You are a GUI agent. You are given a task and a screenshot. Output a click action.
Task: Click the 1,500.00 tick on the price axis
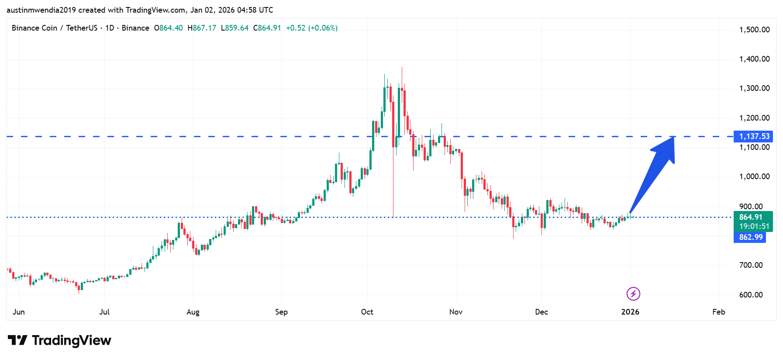pyautogui.click(x=754, y=30)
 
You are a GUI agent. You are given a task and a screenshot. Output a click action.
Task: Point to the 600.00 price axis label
pyautogui.click(x=751, y=295)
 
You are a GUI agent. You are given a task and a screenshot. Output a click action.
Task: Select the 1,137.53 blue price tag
pyautogui.click(x=754, y=136)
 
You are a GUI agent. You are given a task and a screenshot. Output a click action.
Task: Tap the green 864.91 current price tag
pyautogui.click(x=751, y=217)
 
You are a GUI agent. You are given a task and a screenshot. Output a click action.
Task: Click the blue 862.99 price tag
pyautogui.click(x=751, y=237)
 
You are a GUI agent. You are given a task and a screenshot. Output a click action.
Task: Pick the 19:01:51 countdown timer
pyautogui.click(x=754, y=226)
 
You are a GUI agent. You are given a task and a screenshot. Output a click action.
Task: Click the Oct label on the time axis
pyautogui.click(x=367, y=312)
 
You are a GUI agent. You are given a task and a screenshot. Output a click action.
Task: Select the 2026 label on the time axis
pyautogui.click(x=630, y=312)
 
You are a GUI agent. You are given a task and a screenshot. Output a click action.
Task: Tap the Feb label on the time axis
pyautogui.click(x=718, y=312)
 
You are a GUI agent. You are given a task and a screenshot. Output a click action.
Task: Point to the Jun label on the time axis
pyautogui.click(x=19, y=312)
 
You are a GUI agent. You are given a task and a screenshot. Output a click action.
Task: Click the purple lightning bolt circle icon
pyautogui.click(x=633, y=294)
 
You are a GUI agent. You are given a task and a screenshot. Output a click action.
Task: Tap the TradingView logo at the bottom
pyautogui.click(x=59, y=340)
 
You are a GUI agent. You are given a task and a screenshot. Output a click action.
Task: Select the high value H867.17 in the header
pyautogui.click(x=202, y=28)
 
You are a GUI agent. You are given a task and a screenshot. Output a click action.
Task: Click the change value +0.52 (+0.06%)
pyautogui.click(x=312, y=28)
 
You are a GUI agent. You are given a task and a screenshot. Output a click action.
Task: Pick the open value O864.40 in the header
pyautogui.click(x=169, y=28)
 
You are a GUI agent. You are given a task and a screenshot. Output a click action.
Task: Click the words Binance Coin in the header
pyautogui.click(x=34, y=28)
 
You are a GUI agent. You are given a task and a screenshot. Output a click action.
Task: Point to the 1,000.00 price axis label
pyautogui.click(x=754, y=177)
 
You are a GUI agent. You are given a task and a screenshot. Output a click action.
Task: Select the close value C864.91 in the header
pyautogui.click(x=267, y=28)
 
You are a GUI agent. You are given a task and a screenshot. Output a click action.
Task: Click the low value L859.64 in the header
pyautogui.click(x=235, y=28)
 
